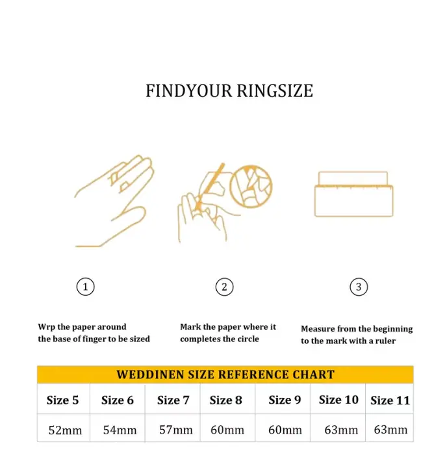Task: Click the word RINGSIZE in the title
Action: (x=275, y=91)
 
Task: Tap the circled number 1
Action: (x=85, y=287)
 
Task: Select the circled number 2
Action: (x=224, y=287)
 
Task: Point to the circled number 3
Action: (x=359, y=287)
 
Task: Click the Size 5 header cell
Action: (x=62, y=400)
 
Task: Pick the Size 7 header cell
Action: (x=173, y=400)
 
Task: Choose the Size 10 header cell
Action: (x=338, y=400)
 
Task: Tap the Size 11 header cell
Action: (x=390, y=400)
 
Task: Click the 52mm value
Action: (x=65, y=430)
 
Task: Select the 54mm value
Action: (x=120, y=430)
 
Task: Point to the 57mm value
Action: (x=176, y=430)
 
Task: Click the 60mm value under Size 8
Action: (x=227, y=430)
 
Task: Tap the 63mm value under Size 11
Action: (x=391, y=430)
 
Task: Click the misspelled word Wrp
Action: (x=47, y=327)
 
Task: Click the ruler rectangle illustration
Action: (x=354, y=194)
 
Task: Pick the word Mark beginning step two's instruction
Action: (x=190, y=326)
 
